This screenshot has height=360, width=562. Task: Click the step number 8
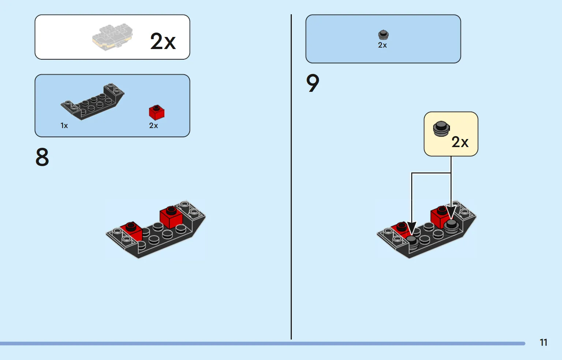pyautogui.click(x=42, y=157)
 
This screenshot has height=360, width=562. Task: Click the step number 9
pyautogui.click(x=313, y=83)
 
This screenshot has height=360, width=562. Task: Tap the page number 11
pyautogui.click(x=543, y=342)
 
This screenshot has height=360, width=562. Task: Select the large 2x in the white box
pyautogui.click(x=163, y=41)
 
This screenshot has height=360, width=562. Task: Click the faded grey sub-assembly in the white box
pyautogui.click(x=112, y=37)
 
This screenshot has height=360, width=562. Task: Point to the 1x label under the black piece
pyautogui.click(x=64, y=125)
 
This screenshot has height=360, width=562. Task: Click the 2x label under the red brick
pyautogui.click(x=153, y=125)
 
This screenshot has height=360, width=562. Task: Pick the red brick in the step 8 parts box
pyautogui.click(x=157, y=112)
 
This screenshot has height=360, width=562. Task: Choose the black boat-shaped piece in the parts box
pyautogui.click(x=92, y=102)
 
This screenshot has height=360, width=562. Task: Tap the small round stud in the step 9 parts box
pyautogui.click(x=383, y=35)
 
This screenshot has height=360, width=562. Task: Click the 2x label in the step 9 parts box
pyautogui.click(x=382, y=45)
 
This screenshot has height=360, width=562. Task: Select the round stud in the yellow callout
pyautogui.click(x=441, y=129)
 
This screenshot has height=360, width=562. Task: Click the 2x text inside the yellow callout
pyautogui.click(x=460, y=142)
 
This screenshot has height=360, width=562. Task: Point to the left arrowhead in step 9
pyautogui.click(x=412, y=228)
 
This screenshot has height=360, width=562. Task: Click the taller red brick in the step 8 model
pyautogui.click(x=171, y=217)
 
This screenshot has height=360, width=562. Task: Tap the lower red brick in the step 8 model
pyautogui.click(x=131, y=231)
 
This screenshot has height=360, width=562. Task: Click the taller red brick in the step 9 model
pyautogui.click(x=439, y=217)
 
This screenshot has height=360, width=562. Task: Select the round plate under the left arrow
pyautogui.click(x=412, y=243)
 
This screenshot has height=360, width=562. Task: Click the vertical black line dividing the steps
pyautogui.click(x=291, y=177)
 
